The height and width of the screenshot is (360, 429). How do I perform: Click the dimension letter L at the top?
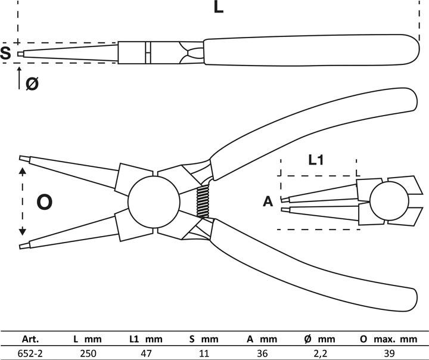click(218, 8)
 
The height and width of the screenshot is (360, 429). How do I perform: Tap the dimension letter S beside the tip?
click(6, 54)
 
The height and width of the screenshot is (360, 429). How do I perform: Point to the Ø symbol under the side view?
click(32, 83)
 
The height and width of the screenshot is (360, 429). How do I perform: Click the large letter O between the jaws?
click(45, 203)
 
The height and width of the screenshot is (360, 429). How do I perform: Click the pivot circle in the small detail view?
click(386, 201)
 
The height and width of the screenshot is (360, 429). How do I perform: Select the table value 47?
click(146, 352)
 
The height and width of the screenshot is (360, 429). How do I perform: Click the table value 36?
click(260, 352)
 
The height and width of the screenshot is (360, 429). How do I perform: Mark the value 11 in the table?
click(204, 352)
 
